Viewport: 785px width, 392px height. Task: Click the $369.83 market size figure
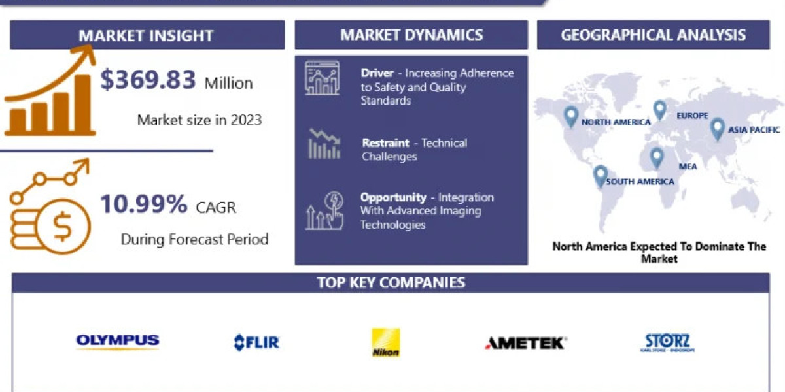point(148,80)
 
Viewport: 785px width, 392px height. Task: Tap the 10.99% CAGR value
point(144,204)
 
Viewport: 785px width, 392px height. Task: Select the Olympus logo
point(118,341)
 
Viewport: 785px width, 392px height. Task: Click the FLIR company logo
point(256,342)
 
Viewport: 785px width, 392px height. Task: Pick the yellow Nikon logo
point(385,342)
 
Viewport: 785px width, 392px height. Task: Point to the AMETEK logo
point(525,343)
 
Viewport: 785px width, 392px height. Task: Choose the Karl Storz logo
point(668,342)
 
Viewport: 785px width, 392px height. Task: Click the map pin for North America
point(571,117)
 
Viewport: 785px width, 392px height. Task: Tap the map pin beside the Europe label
point(660,110)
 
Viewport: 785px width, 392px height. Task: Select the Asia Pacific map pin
point(717,129)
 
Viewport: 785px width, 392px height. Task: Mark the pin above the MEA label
point(657,158)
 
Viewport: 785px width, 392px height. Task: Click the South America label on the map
point(640,182)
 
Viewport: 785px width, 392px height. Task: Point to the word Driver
point(377,73)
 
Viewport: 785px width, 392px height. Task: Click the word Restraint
point(385,143)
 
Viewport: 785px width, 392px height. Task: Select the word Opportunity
point(393,198)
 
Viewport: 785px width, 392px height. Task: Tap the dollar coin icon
point(63,227)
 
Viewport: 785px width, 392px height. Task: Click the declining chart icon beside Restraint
point(324,144)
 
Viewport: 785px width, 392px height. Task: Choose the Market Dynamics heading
point(411,35)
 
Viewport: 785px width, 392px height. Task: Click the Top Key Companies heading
point(391,282)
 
